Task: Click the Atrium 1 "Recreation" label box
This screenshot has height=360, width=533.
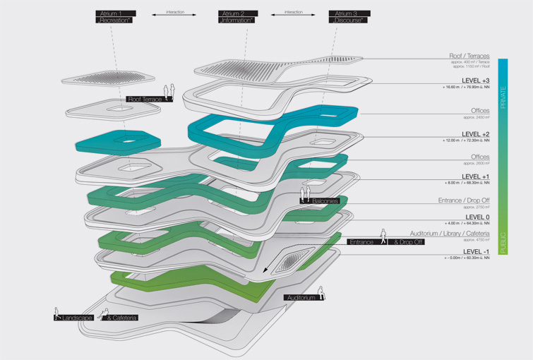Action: coord(115,17)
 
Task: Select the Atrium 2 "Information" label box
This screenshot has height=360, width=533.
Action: coord(237,17)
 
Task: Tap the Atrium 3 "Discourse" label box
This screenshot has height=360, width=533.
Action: coord(349,17)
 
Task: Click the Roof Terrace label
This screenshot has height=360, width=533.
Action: coord(145,100)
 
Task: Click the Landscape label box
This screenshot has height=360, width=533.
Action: coord(76,318)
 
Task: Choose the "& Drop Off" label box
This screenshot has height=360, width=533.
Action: coord(407,242)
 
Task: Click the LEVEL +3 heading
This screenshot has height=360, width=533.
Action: coord(475,80)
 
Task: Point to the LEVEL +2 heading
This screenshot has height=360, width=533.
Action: coord(475,133)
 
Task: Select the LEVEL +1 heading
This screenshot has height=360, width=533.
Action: coord(475,176)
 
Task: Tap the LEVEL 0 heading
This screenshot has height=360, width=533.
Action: coord(477,217)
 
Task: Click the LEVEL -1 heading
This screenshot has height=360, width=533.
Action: coord(476,251)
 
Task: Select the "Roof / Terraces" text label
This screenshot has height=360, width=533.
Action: coord(469,56)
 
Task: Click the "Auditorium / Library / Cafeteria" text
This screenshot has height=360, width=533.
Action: coord(450,234)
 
